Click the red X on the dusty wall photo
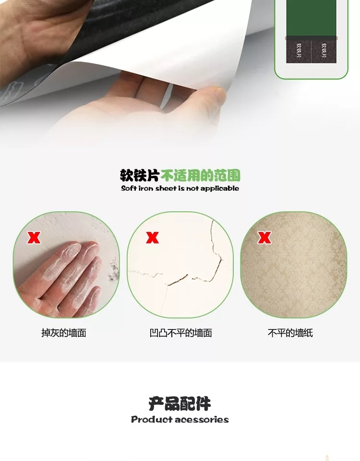(34, 238)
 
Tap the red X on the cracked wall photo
(152, 238)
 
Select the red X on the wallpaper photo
(264, 238)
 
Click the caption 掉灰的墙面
(64, 333)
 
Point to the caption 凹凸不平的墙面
(181, 333)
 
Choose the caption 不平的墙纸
(290, 333)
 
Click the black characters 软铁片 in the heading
(140, 176)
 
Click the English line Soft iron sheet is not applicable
(180, 188)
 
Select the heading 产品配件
(180, 403)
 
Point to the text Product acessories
(180, 419)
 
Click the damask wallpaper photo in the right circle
(294, 265)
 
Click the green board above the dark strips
(311, 18)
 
